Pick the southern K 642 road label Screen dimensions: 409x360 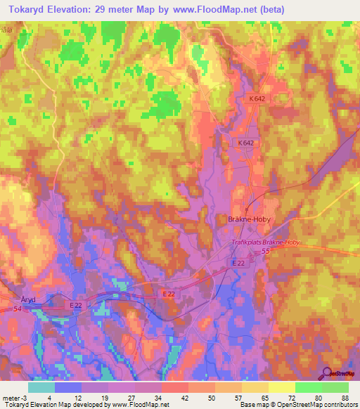245,142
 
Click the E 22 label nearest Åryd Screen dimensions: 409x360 77,304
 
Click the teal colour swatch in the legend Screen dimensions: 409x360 41,387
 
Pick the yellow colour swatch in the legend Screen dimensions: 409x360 281,387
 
